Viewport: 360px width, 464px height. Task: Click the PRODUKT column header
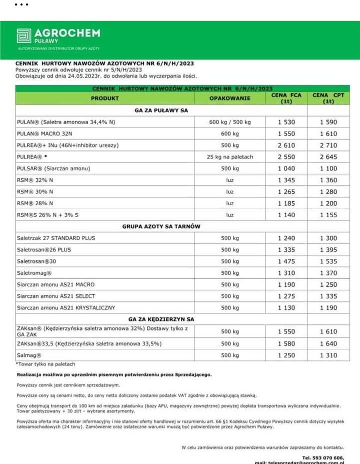click(x=104, y=98)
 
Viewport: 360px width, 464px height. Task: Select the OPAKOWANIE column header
click(x=229, y=98)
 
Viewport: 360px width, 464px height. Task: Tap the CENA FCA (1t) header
click(x=286, y=98)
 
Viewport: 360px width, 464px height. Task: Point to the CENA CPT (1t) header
click(x=328, y=98)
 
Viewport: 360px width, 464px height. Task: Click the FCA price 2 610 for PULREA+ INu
click(x=286, y=145)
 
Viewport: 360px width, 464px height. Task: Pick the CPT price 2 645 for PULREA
click(x=328, y=157)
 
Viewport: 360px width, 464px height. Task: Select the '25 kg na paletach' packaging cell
click(x=229, y=157)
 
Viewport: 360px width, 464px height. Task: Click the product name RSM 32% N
click(x=35, y=180)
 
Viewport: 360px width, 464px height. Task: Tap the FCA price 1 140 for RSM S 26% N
click(x=286, y=215)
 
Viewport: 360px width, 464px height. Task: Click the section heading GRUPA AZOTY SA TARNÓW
click(x=161, y=226)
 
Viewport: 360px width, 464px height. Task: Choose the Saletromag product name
click(x=34, y=273)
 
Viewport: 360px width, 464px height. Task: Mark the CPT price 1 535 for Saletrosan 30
click(x=328, y=261)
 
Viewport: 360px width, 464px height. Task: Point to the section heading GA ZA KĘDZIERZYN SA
click(x=161, y=319)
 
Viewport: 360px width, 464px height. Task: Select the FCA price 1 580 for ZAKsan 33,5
click(x=286, y=344)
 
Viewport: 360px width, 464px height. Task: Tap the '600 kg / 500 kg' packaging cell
click(x=229, y=122)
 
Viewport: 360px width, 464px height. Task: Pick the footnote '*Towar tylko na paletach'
click(x=45, y=364)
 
